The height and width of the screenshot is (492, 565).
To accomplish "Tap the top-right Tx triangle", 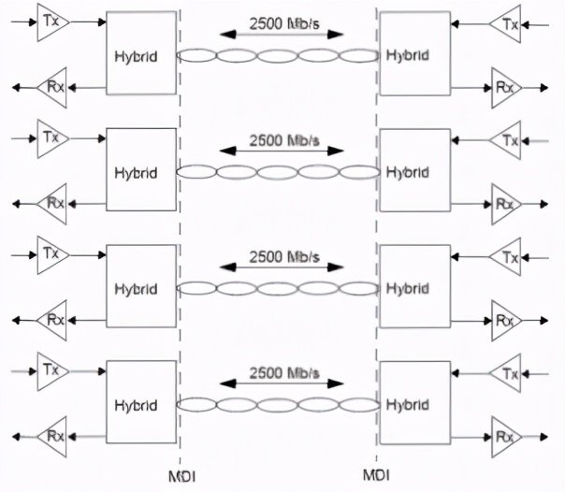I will pyautogui.click(x=506, y=22).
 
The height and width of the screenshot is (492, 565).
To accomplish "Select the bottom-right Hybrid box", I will pyautogui.click(x=413, y=404).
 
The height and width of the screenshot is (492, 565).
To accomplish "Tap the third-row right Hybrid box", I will pyautogui.click(x=413, y=287).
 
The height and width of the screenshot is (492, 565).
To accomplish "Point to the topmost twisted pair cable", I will pyautogui.click(x=278, y=54).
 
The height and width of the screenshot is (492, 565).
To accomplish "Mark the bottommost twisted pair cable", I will pyautogui.click(x=278, y=404).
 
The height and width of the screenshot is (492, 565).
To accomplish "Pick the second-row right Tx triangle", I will pyautogui.click(x=506, y=139).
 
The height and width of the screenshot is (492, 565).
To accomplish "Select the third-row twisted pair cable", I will pyautogui.click(x=278, y=288).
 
